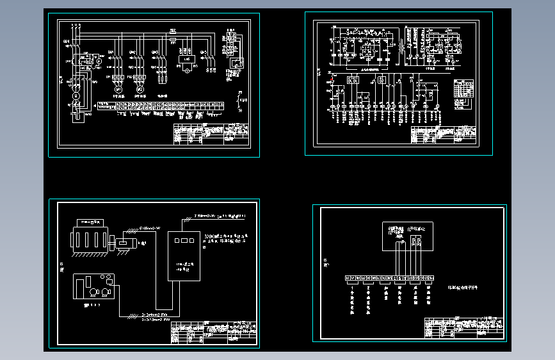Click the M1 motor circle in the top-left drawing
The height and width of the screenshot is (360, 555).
click(118, 88)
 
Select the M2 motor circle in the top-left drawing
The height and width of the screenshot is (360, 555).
click(139, 88)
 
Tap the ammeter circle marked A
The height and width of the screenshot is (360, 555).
click(99, 60)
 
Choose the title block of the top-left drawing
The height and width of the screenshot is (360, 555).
click(211, 135)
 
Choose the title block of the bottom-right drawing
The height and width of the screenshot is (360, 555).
click(463, 327)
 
